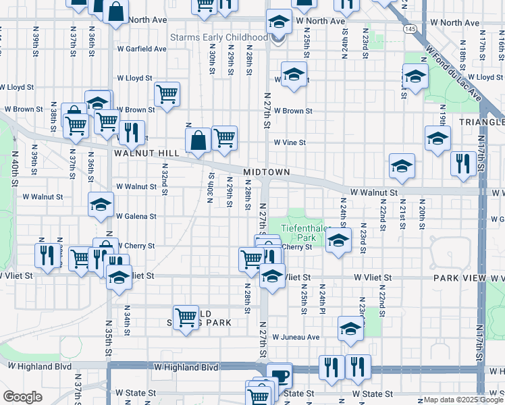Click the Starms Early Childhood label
[219, 38]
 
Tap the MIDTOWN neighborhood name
[267, 172]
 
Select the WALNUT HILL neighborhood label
[147, 153]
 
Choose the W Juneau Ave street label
[296, 337]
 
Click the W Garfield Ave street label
[141, 49]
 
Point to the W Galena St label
[136, 217]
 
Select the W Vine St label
[290, 142]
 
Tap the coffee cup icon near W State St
[279, 375]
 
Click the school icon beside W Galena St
[101, 204]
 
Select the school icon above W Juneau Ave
[350, 328]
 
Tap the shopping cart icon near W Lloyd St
[167, 94]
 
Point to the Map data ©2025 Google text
[463, 400]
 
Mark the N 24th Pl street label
[323, 295]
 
